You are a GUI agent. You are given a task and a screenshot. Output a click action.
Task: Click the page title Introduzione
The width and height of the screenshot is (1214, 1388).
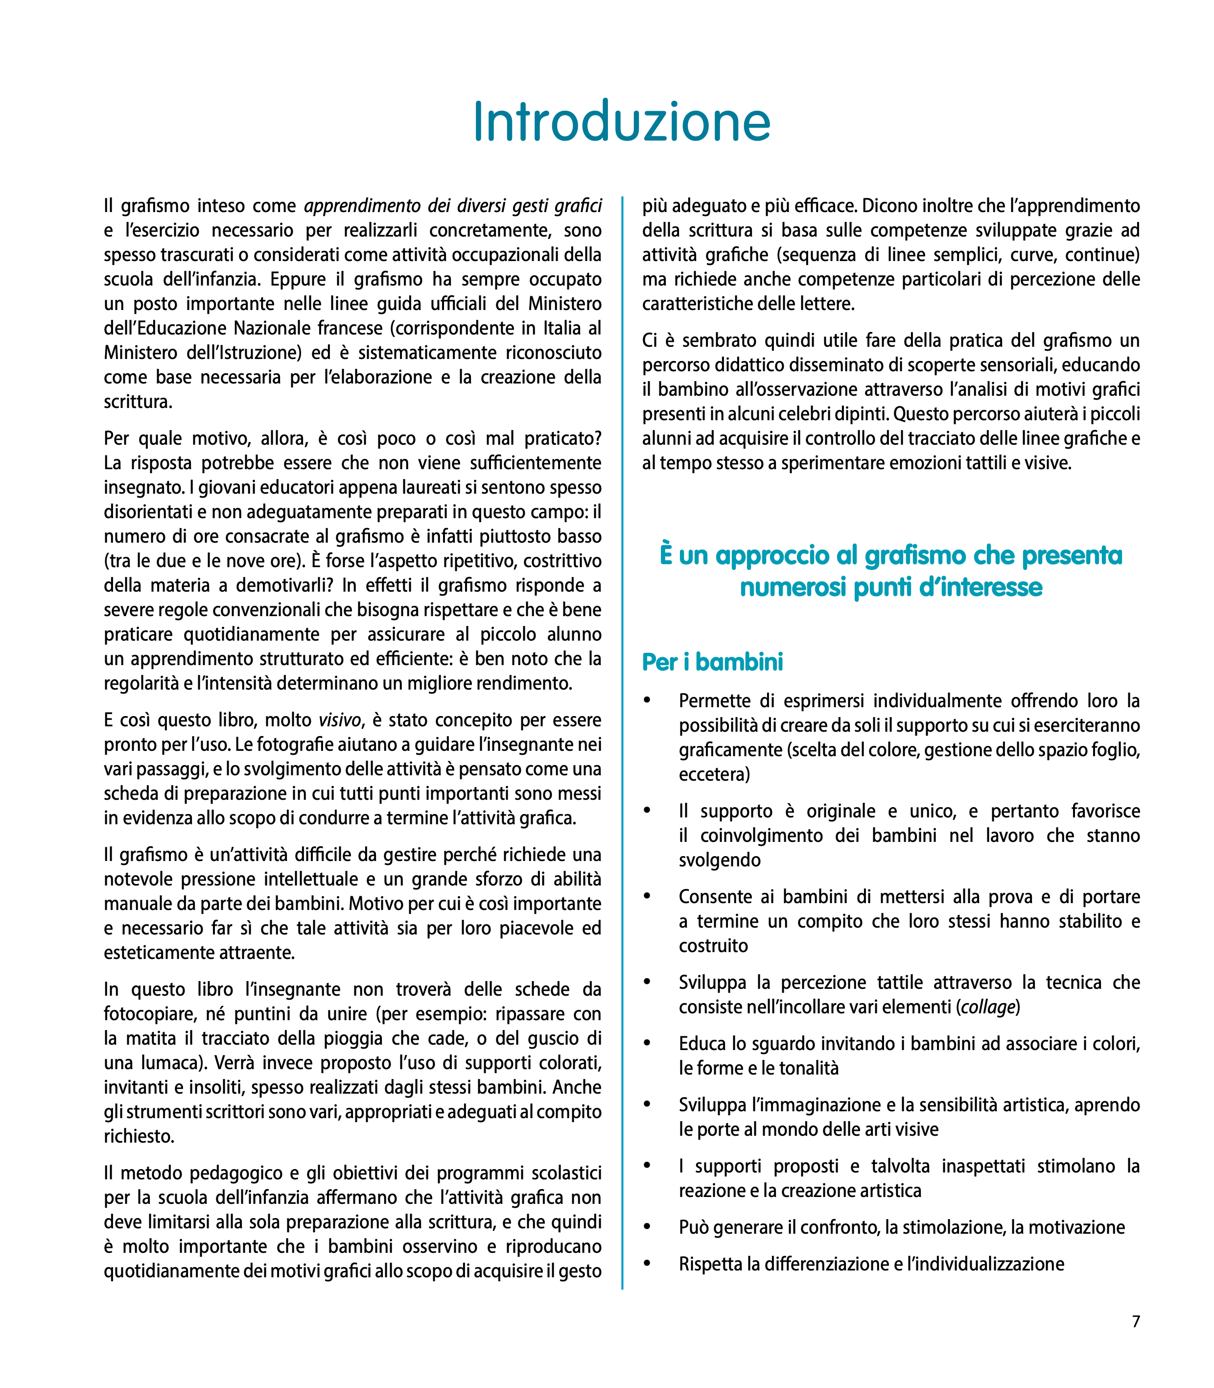click(621, 122)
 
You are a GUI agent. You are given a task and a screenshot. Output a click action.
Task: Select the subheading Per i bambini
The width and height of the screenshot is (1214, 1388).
click(712, 662)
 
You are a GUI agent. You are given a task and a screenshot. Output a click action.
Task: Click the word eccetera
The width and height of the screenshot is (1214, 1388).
click(714, 774)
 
